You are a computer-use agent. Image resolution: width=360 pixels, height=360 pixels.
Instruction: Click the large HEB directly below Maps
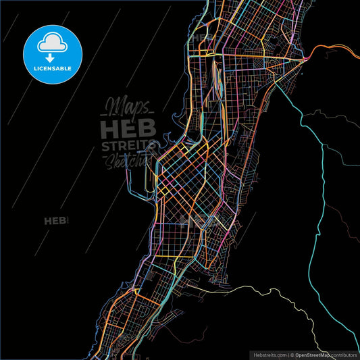click(x=128, y=128)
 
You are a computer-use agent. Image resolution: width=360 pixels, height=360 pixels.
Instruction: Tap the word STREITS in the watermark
click(x=128, y=146)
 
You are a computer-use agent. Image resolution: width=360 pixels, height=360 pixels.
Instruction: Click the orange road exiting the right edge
click(x=344, y=48)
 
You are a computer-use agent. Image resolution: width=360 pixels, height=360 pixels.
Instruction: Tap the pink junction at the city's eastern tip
click(x=306, y=59)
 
